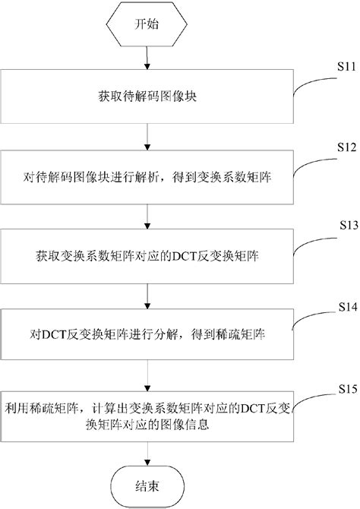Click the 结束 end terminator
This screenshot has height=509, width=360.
[147, 483]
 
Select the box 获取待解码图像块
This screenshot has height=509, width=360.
[147, 97]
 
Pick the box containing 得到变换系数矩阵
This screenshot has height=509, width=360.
[147, 179]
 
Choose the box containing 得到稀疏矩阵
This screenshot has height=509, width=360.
[147, 333]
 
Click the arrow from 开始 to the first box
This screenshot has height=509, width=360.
[147, 61]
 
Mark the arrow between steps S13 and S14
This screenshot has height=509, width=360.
[147, 295]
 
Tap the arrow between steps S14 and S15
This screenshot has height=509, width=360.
[147, 372]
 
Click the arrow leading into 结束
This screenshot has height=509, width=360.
[147, 451]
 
